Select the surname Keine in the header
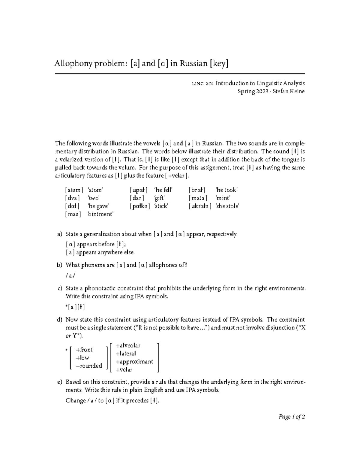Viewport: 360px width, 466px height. click(297, 92)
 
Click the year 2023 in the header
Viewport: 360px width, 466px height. click(261, 92)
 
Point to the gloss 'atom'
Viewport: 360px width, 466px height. click(95, 190)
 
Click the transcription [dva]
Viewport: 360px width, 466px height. click(72, 198)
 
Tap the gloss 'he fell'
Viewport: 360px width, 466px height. click(163, 190)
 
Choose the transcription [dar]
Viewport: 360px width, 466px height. click(137, 198)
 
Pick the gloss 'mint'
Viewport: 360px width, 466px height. click(223, 198)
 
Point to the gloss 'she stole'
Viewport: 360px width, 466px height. click(227, 206)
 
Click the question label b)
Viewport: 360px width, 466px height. click(59, 265)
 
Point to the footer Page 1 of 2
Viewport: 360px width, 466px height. click(292, 417)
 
